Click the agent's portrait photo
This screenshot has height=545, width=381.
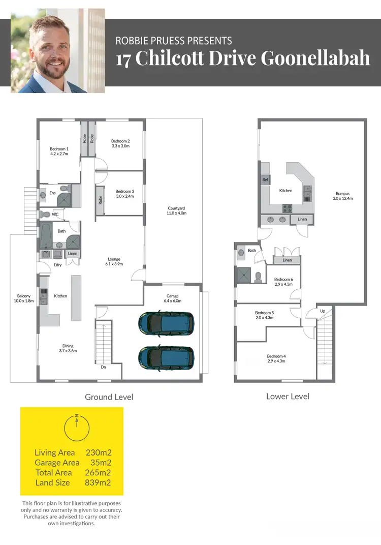[57, 51]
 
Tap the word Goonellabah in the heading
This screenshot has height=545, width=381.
[315, 58]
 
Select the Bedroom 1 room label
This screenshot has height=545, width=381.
[59, 150]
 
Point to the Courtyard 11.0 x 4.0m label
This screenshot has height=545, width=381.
[176, 210]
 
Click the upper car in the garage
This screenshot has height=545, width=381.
[166, 322]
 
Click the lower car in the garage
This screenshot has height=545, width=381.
[166, 357]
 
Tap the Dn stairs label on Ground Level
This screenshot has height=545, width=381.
[103, 367]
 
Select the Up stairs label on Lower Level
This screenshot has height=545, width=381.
[322, 310]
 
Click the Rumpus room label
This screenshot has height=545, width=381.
[343, 196]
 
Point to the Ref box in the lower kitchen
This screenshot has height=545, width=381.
[265, 180]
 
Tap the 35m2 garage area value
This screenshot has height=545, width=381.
[101, 463]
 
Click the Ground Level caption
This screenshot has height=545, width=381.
[109, 397]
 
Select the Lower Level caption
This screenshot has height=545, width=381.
[288, 396]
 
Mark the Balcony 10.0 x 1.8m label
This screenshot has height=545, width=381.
[24, 298]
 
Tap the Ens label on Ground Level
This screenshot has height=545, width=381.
[52, 193]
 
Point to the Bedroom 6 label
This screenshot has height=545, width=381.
[283, 282]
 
